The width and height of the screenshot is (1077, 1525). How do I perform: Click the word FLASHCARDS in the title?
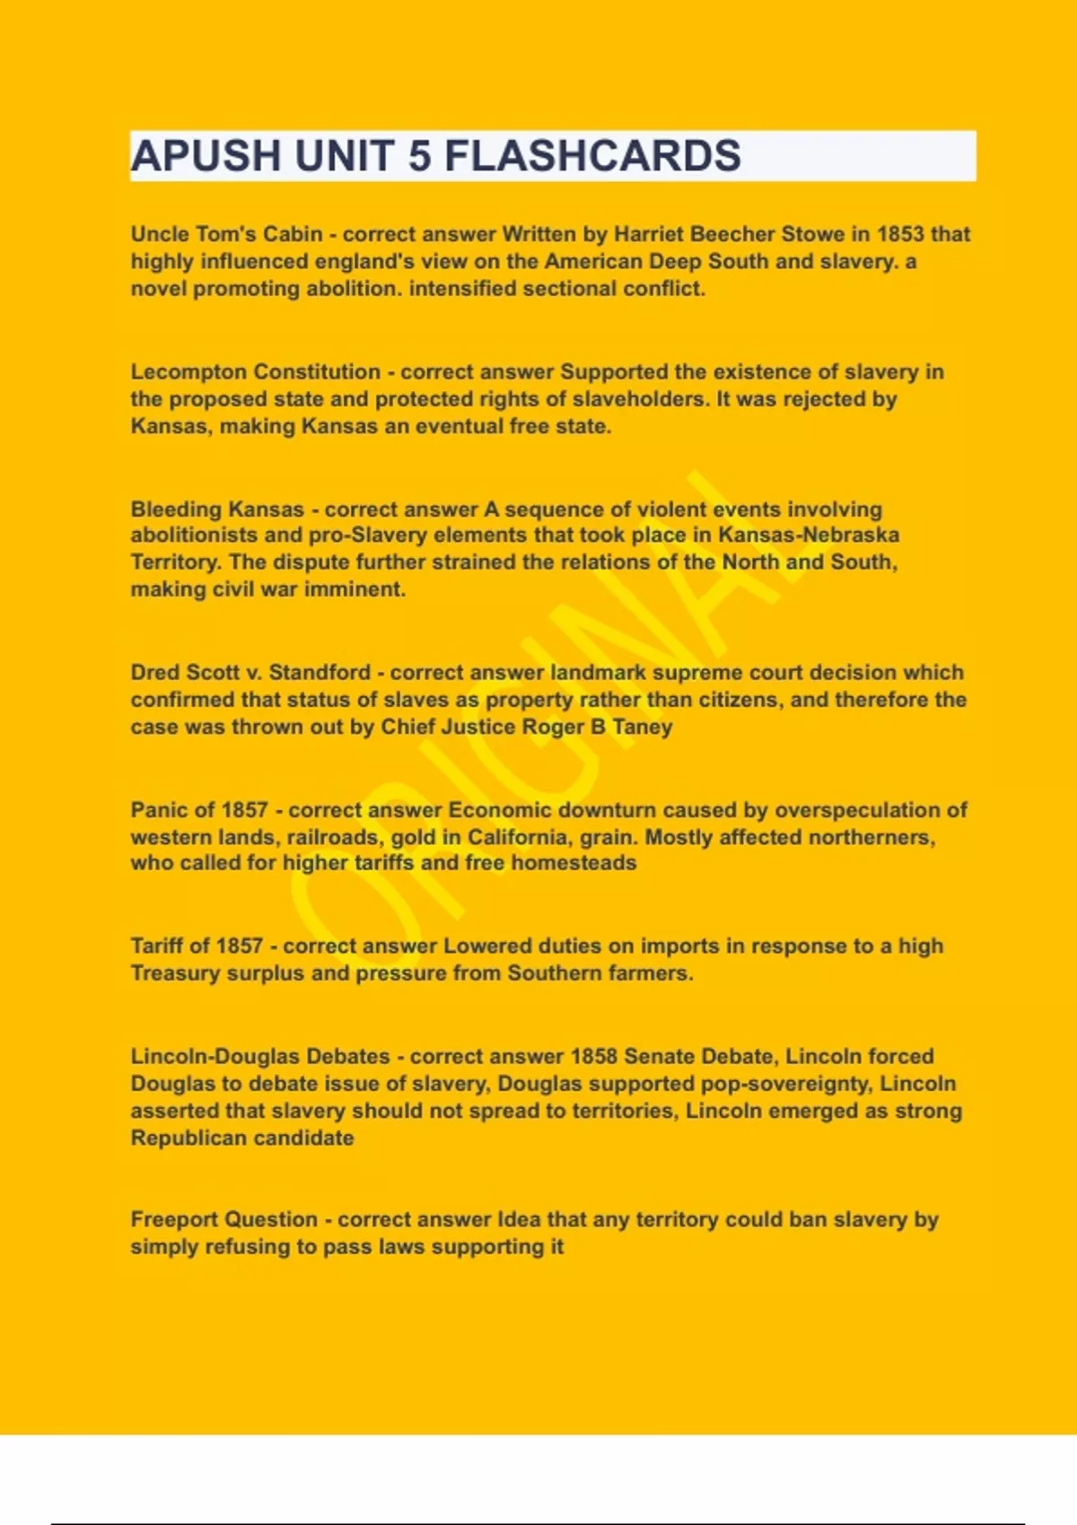(592, 156)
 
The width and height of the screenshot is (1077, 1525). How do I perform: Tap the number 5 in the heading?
(419, 156)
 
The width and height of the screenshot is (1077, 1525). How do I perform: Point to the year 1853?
(900, 234)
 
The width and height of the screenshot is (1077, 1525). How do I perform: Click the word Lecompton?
(189, 371)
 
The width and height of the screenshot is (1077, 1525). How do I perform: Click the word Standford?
(320, 673)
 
